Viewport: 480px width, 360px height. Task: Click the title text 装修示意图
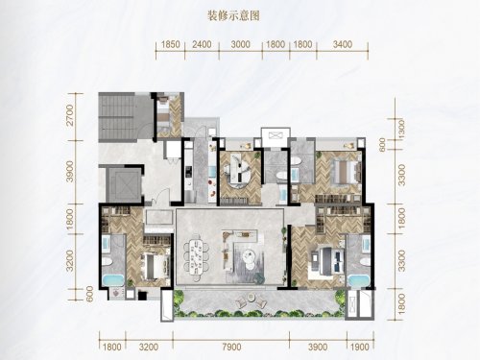233,15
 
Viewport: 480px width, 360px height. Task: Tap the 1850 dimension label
170,44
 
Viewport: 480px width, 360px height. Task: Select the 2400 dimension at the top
202,44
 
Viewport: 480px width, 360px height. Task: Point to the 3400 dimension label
343,44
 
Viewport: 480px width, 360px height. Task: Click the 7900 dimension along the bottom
231,348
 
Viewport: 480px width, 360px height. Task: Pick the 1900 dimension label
360,348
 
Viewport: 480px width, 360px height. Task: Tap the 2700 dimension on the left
70,115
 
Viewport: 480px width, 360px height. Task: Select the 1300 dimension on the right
401,129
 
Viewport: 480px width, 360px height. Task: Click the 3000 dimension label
240,44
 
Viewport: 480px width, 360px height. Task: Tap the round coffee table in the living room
248,255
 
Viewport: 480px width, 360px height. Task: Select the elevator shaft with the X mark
123,184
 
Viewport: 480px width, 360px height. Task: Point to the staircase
118,117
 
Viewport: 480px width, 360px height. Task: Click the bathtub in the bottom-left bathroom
113,280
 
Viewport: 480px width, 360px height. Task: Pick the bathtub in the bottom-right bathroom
359,280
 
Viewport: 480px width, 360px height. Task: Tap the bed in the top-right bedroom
345,172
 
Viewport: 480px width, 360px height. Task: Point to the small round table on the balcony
252,298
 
